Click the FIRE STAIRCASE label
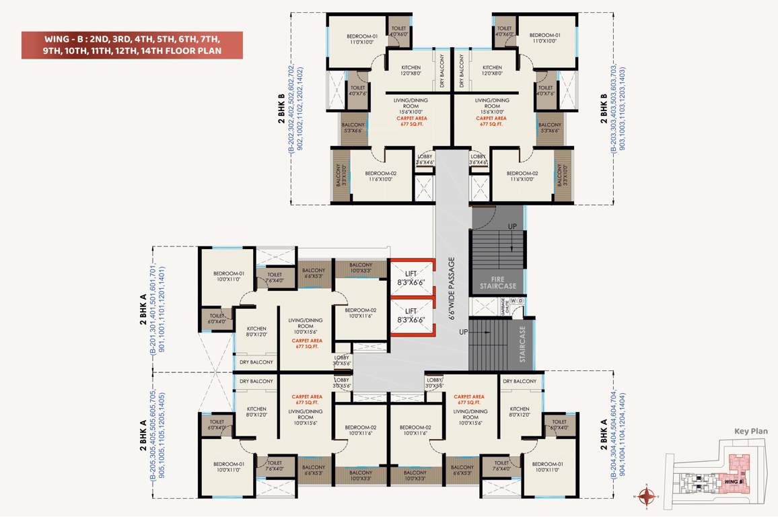click(497, 281)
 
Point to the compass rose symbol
click(647, 497)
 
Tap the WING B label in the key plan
click(733, 482)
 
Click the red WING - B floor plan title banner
click(131, 44)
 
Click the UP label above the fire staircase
click(512, 227)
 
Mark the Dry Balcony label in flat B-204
click(521, 381)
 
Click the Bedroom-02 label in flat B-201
click(360, 313)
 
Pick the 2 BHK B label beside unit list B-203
click(603, 114)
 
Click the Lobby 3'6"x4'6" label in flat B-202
click(425, 160)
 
